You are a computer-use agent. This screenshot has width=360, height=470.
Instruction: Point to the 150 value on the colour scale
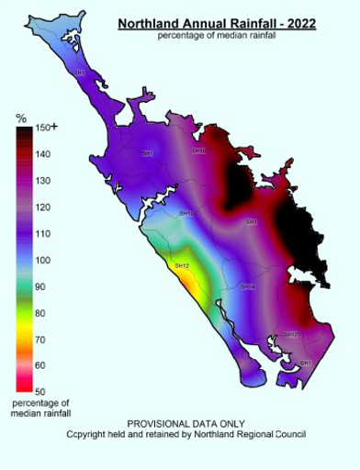(41, 129)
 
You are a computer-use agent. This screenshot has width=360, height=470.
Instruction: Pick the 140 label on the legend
(41, 155)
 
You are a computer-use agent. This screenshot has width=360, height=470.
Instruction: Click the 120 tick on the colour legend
(41, 207)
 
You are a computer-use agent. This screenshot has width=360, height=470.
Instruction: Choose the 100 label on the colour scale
(41, 261)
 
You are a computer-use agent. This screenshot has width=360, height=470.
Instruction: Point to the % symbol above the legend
(21, 118)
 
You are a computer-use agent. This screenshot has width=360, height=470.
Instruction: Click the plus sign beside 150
(54, 128)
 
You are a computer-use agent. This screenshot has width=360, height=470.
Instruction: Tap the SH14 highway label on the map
(247, 287)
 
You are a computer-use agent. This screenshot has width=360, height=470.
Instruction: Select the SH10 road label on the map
(198, 151)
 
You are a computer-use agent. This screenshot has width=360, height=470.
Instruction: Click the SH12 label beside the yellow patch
(181, 265)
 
